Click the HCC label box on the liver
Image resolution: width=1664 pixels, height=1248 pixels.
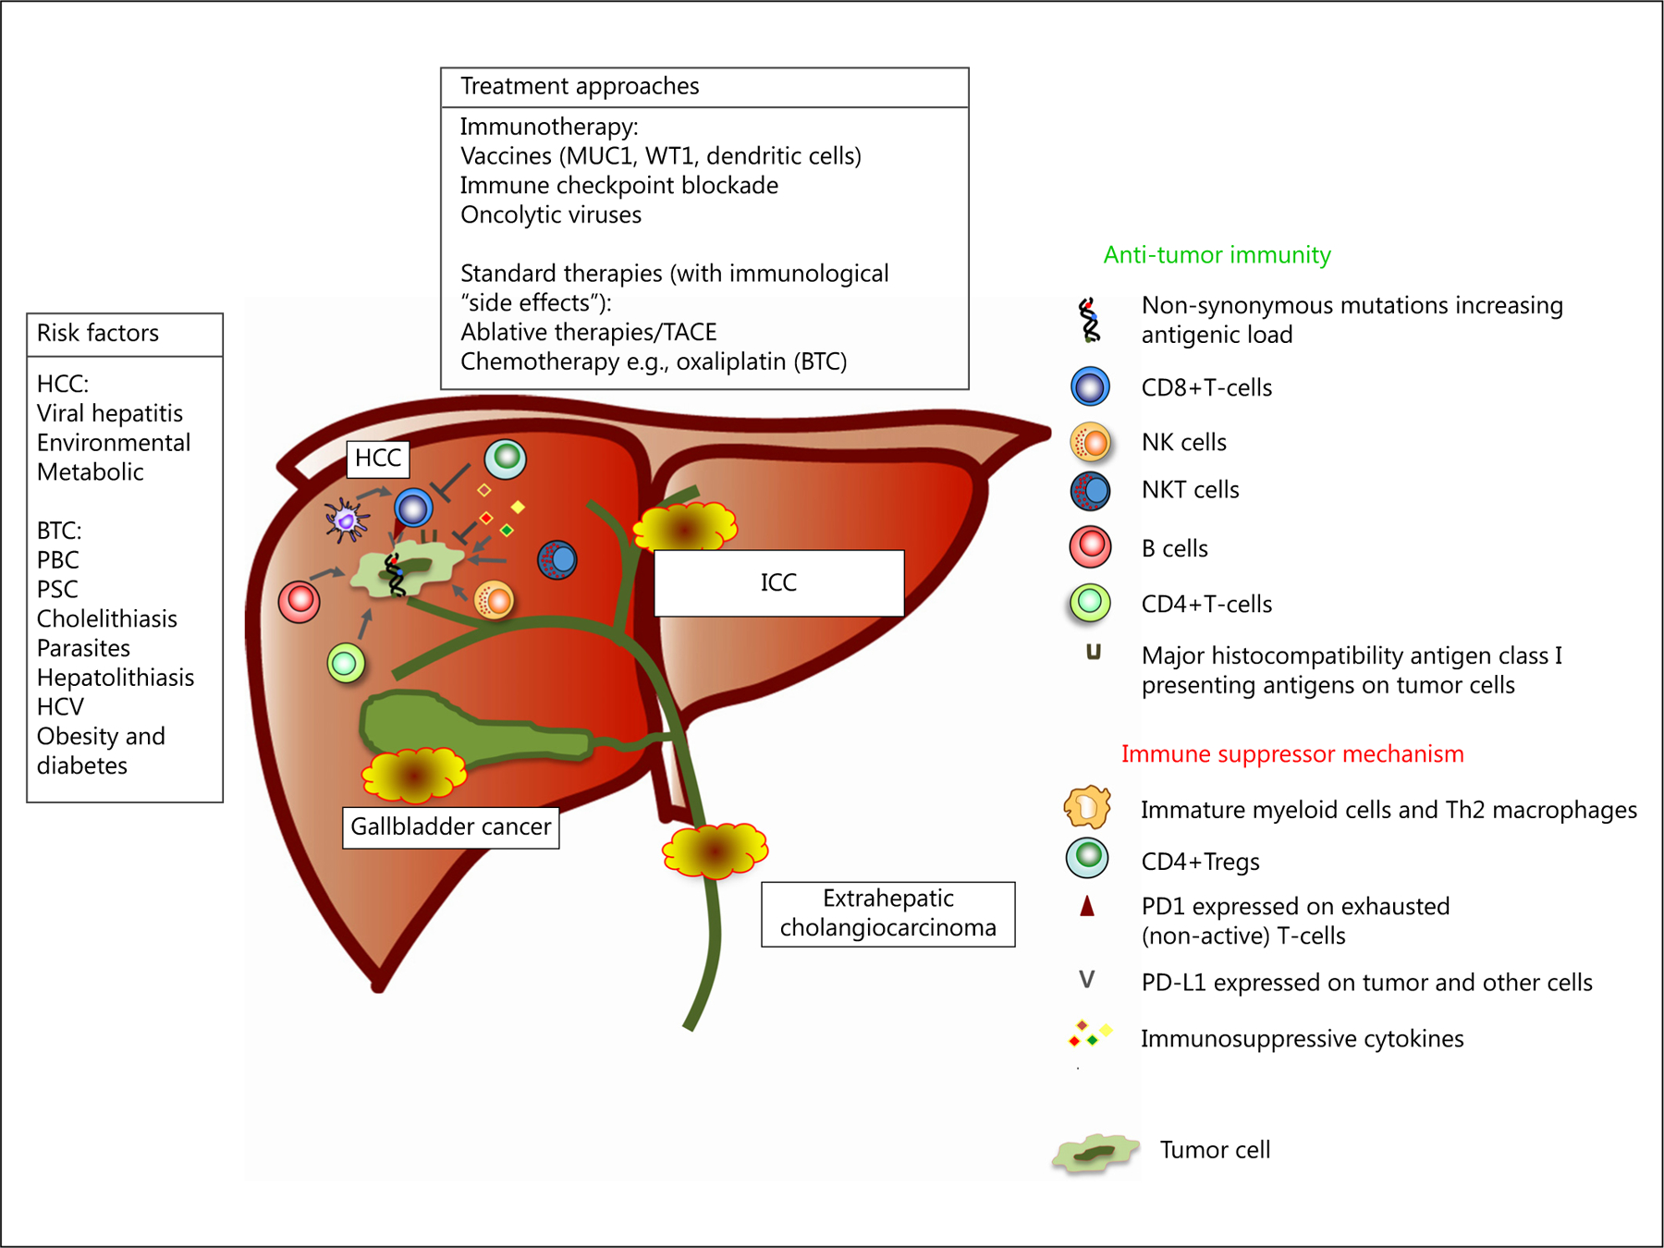[x=377, y=459]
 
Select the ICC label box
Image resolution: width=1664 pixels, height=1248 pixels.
[x=778, y=582]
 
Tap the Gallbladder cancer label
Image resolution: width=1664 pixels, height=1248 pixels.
[x=450, y=826]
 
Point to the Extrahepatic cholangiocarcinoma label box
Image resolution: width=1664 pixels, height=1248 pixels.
[x=887, y=913]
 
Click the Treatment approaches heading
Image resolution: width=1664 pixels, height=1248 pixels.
[x=580, y=86]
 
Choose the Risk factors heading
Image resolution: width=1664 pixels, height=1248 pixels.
[x=98, y=333]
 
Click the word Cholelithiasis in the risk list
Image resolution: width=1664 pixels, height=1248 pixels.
[x=107, y=618]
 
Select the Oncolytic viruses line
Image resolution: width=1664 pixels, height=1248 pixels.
[x=551, y=214]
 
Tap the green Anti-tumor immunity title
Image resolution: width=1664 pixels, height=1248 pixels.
[x=1217, y=254]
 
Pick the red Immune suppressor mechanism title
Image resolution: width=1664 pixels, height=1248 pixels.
[x=1291, y=753]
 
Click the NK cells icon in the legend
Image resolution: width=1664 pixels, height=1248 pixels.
[x=1090, y=442]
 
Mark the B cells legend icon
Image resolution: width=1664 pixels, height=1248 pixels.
[x=1090, y=546]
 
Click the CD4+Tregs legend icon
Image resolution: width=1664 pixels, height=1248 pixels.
[x=1088, y=858]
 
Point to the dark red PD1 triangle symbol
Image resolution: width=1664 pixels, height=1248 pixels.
[x=1087, y=906]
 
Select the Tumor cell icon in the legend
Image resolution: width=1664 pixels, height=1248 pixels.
[x=1095, y=1153]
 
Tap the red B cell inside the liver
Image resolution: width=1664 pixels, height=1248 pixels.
[x=300, y=602]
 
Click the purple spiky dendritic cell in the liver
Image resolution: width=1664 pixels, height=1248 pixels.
[x=347, y=520]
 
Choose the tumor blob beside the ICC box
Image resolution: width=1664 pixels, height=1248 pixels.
[x=684, y=528]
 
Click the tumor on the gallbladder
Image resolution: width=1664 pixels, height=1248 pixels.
[x=413, y=774]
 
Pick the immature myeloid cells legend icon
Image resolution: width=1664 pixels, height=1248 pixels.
[x=1087, y=807]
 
